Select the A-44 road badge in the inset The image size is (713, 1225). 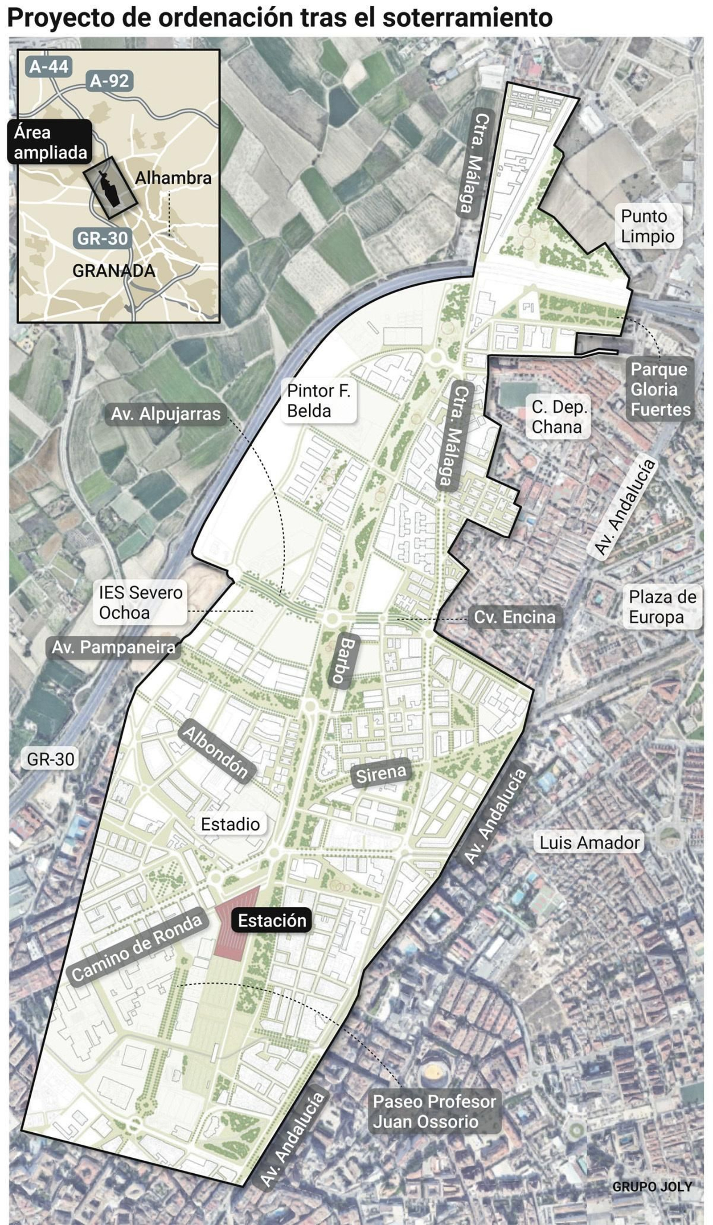(x=49, y=66)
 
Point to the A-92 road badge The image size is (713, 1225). (x=109, y=81)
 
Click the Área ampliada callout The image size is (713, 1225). (x=49, y=142)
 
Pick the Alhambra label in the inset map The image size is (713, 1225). (x=173, y=178)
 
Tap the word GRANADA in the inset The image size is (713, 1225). (x=114, y=271)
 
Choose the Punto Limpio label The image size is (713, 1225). (x=647, y=226)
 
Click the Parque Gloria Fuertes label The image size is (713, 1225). (x=660, y=389)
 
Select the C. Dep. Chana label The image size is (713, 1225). (x=558, y=417)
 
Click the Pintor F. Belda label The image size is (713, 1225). (x=318, y=401)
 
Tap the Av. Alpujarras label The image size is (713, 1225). (x=166, y=414)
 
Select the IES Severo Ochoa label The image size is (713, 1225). (x=140, y=602)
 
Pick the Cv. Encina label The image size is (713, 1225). (x=514, y=617)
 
